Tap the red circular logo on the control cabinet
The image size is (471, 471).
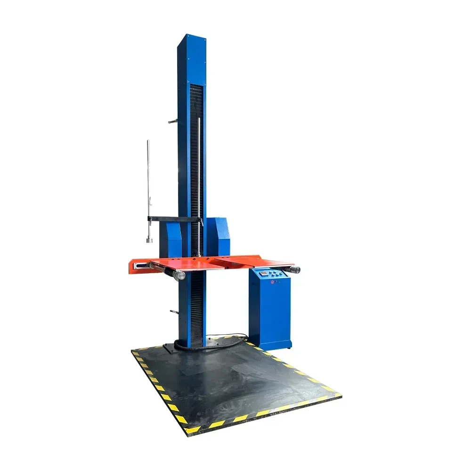point(272,282)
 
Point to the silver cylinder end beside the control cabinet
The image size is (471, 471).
point(295,269)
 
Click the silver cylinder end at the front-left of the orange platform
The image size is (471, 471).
point(179,276)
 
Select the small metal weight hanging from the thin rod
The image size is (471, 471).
point(148,239)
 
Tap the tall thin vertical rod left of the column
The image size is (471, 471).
point(148,179)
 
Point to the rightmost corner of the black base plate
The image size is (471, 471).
point(340,395)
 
